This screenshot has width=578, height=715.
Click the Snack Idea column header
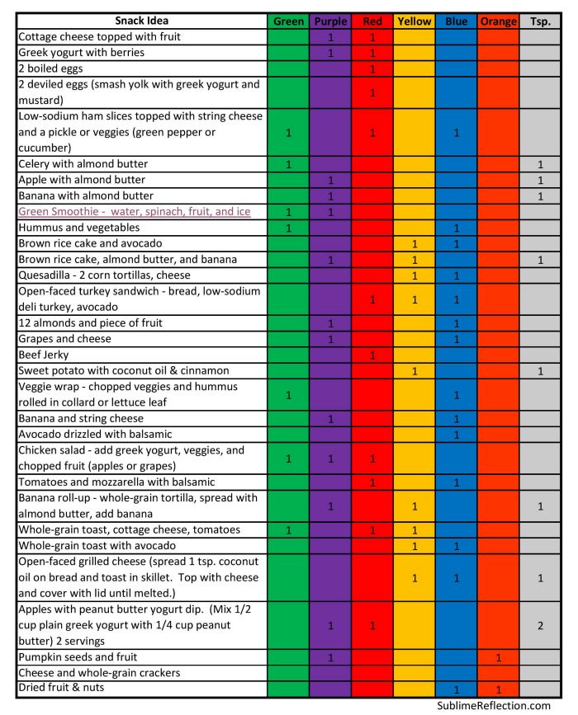coord(141,21)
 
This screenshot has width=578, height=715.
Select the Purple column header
coord(330,21)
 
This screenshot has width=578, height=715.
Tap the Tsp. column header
coord(540,21)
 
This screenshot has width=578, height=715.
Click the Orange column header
coord(498,21)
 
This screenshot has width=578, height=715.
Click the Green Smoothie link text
coord(134,212)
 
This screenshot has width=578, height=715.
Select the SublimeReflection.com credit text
coord(494,706)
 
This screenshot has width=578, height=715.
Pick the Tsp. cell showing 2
coord(540,626)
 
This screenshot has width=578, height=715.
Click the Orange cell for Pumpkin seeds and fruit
coord(498,657)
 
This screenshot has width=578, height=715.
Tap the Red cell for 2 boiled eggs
coord(372,68)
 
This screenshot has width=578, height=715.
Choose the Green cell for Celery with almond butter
coord(288,164)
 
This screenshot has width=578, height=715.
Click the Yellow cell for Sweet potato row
coord(414,371)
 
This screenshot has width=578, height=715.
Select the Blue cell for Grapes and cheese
coord(456,339)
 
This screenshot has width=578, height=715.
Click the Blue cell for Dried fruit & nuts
coord(456,689)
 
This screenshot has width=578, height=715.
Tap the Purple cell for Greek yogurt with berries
coord(330,53)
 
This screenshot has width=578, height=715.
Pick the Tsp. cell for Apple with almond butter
coord(540,180)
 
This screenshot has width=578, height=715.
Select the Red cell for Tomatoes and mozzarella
coord(372,482)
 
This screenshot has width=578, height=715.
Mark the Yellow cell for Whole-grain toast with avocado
coord(414,545)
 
